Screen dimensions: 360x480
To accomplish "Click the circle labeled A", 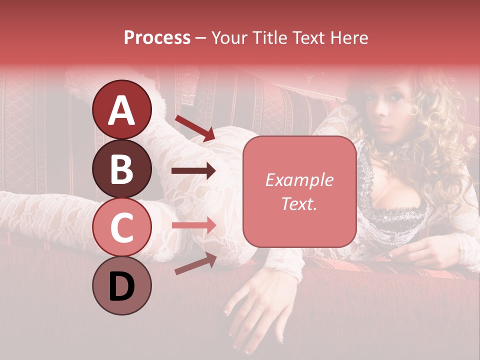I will point(121,110).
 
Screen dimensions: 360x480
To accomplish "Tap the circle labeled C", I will point(121,227).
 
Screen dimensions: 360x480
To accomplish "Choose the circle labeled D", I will point(121,285).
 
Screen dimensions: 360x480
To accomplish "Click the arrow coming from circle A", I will point(194,127).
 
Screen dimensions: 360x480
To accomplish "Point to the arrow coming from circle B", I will point(193,171).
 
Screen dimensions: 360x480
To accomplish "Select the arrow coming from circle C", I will point(193,225).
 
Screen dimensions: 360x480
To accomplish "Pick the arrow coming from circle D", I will point(195,263).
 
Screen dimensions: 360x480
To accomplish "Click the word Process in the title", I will point(157,37).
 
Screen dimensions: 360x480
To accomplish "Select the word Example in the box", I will point(299,180).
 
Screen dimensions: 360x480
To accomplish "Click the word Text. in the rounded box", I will point(299,203).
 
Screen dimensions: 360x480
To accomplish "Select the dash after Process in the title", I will point(200,38).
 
